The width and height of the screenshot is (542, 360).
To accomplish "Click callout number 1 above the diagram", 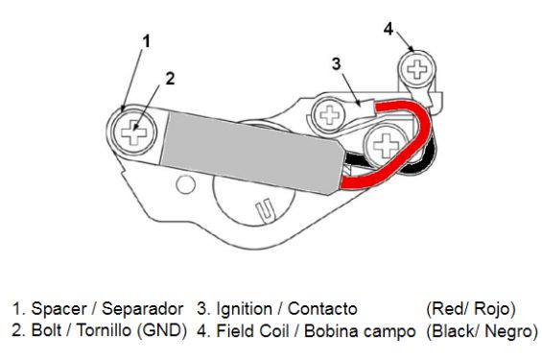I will tap(147, 40).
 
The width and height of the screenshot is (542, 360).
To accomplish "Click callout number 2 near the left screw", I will tap(169, 80).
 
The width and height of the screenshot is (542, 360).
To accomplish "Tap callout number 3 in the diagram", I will tap(337, 63).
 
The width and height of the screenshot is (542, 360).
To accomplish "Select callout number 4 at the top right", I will tap(389, 27).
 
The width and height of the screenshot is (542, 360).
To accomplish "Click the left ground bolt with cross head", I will tap(134, 132).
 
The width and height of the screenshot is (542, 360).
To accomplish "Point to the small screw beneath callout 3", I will tap(331, 116).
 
